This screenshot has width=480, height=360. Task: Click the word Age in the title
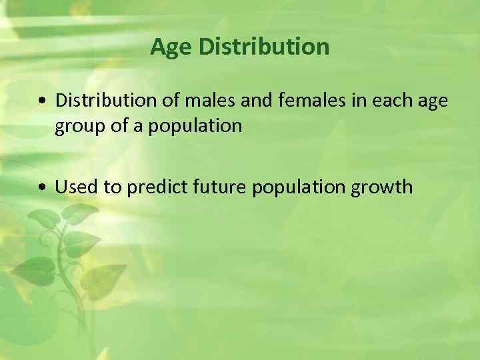coord(171,47)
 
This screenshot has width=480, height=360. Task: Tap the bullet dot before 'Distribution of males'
coord(43,101)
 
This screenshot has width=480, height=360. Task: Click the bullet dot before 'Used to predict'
coord(43,188)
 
